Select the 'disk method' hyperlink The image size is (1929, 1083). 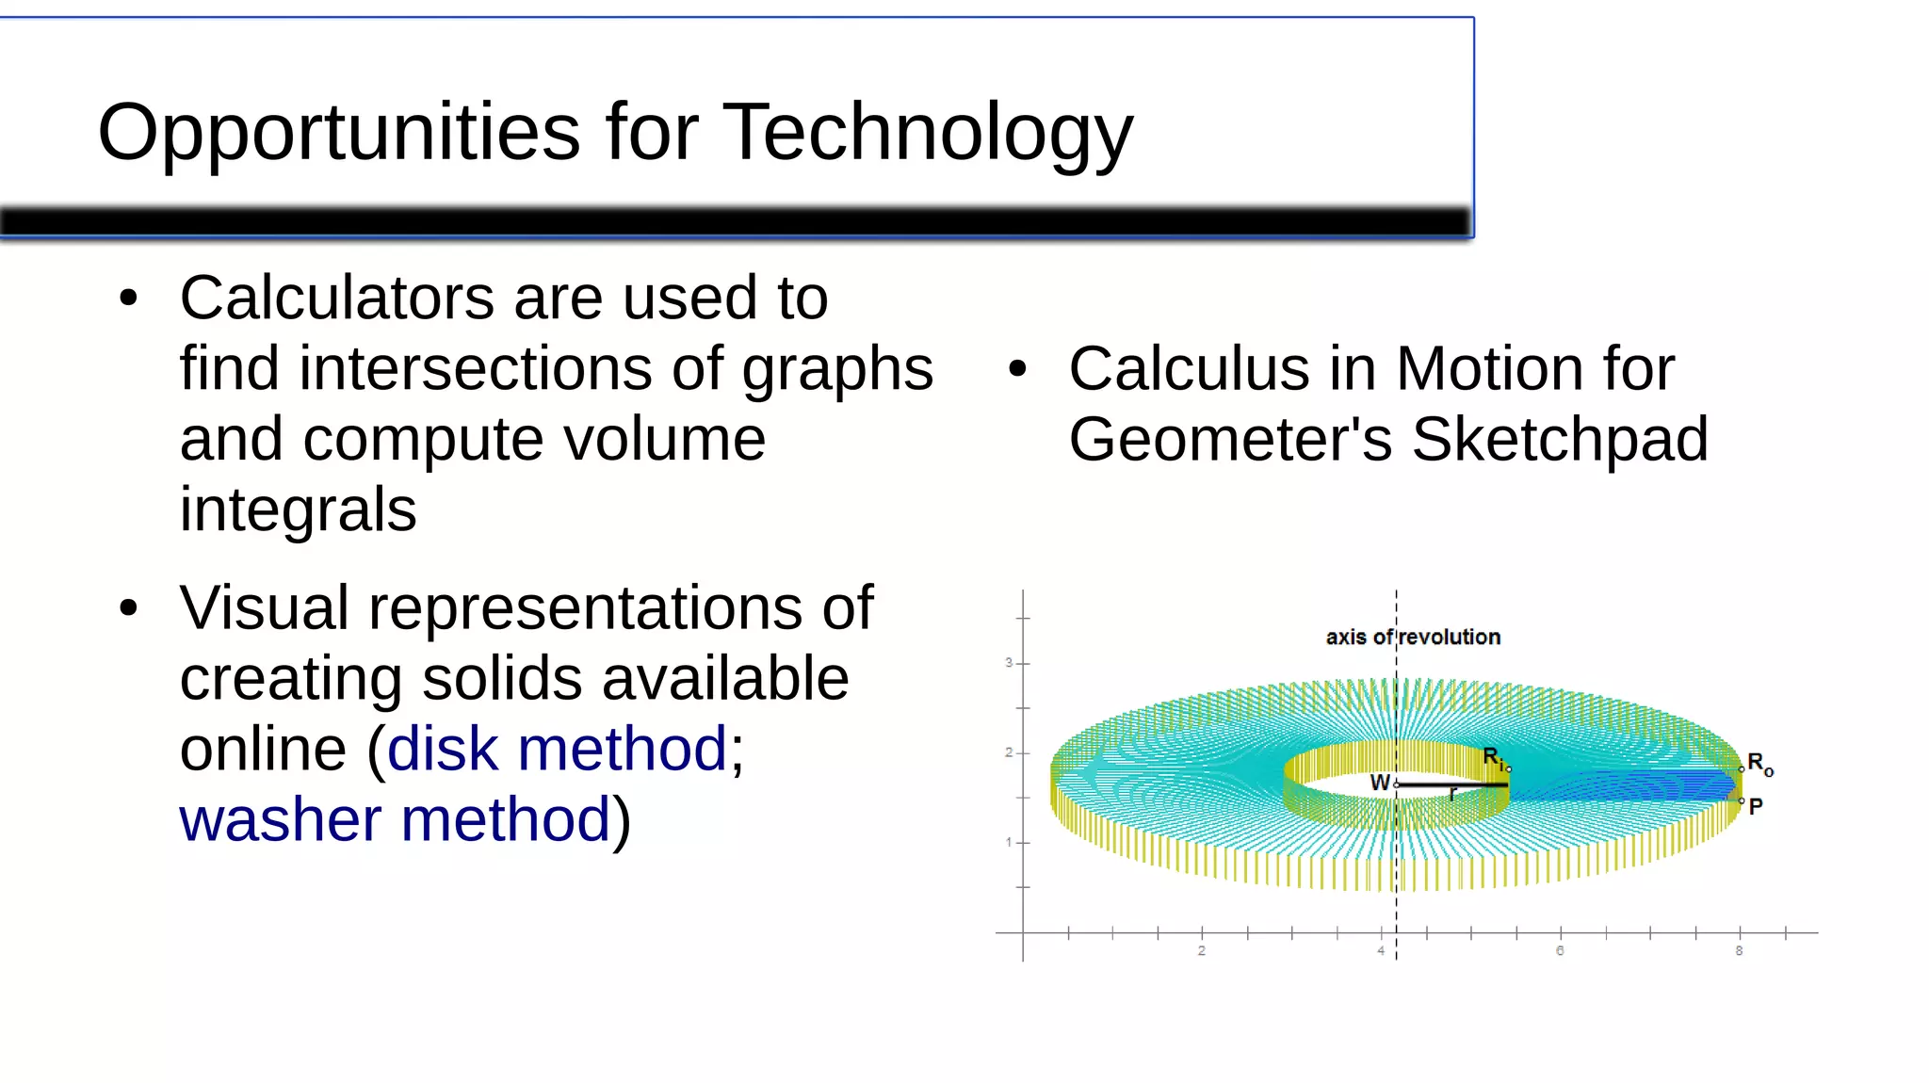pyautogui.click(x=557, y=749)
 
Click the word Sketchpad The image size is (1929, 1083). pyautogui.click(x=1560, y=439)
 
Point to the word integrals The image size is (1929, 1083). pyautogui.click(x=298, y=509)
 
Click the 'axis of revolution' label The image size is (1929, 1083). pyautogui.click(x=1413, y=638)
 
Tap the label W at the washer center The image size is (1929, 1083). pyautogui.click(x=1379, y=783)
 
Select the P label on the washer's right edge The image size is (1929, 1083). pyautogui.click(x=1756, y=806)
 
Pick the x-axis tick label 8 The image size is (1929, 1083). pyautogui.click(x=1739, y=951)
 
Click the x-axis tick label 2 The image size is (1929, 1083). pyautogui.click(x=1201, y=951)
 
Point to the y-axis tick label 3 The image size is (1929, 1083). pyautogui.click(x=1008, y=663)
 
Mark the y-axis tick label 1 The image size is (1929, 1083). pyautogui.click(x=1008, y=842)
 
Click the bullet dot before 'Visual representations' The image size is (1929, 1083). pyautogui.click(x=129, y=608)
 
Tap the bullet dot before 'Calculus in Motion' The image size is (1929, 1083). pyautogui.click(x=1017, y=368)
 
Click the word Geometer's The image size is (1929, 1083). pyautogui.click(x=1230, y=439)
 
